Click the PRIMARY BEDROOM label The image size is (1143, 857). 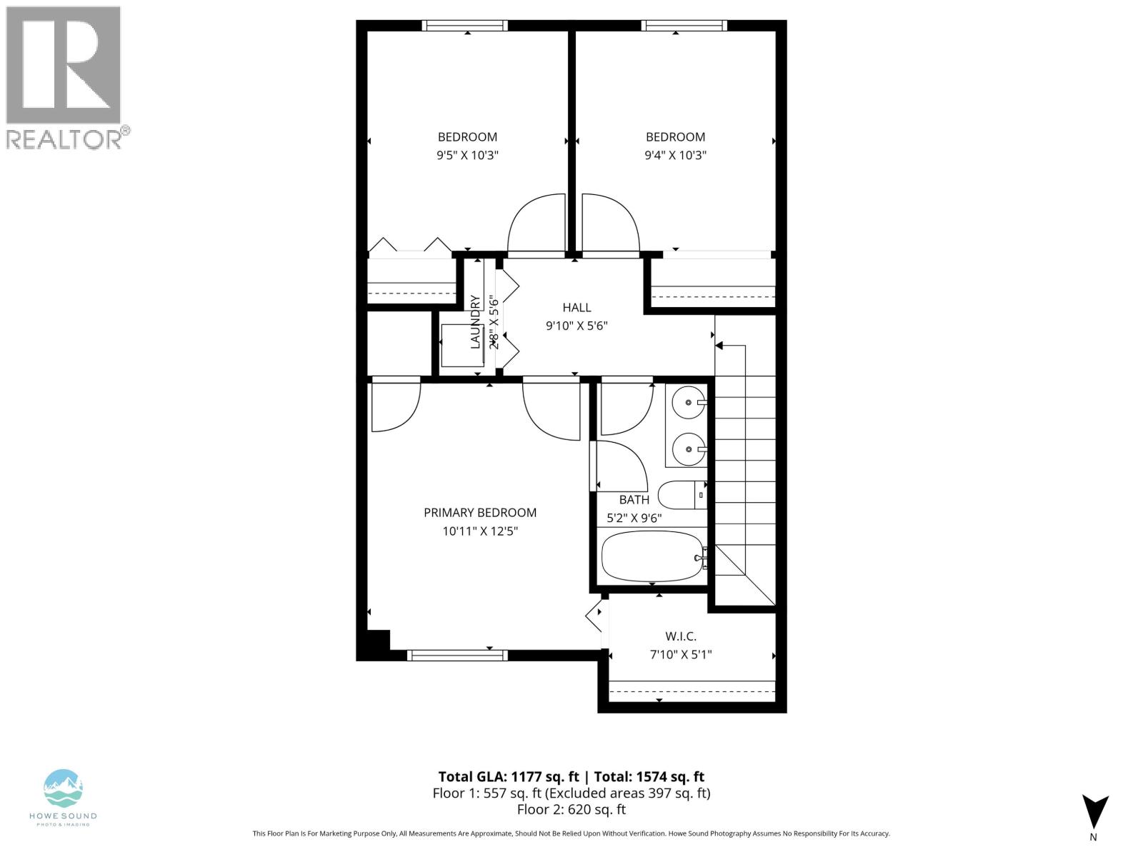(x=479, y=513)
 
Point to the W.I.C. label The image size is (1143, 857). (x=680, y=636)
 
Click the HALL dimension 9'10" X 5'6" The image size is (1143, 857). (x=577, y=326)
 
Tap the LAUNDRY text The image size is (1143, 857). (x=475, y=321)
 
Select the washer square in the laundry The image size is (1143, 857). (x=463, y=345)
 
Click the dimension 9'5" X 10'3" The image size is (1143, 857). (x=467, y=155)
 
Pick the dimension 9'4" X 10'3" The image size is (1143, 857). (x=675, y=155)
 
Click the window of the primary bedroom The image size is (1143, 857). (x=457, y=655)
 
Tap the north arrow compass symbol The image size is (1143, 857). (x=1094, y=813)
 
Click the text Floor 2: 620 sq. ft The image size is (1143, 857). (x=571, y=809)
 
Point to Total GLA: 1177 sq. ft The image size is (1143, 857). (x=507, y=777)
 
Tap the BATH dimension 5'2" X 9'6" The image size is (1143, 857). (x=634, y=518)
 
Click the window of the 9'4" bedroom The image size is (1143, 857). (x=684, y=25)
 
